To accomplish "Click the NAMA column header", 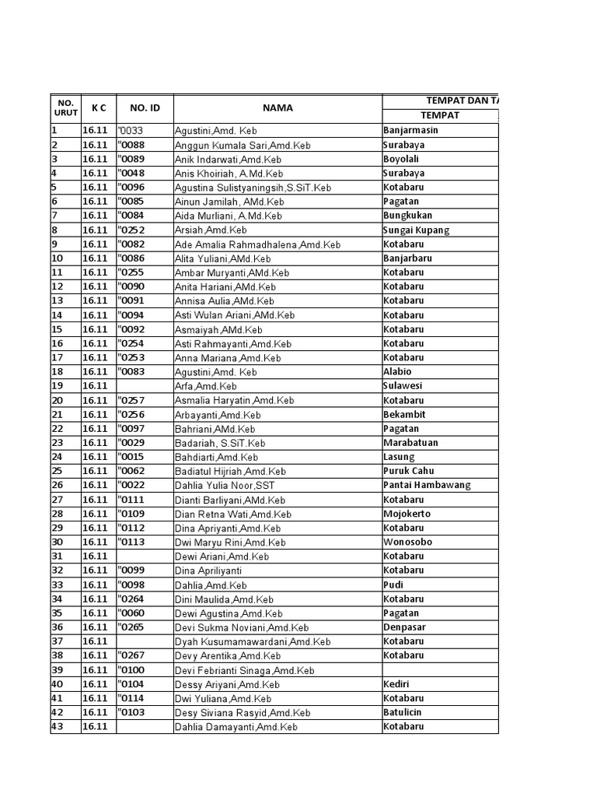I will pyautogui.click(x=277, y=108).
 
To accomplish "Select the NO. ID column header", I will pyautogui.click(x=144, y=108).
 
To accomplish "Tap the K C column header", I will pyautogui.click(x=98, y=108).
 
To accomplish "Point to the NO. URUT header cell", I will pyautogui.click(x=65, y=108).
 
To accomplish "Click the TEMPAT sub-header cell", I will pyautogui.click(x=440, y=115).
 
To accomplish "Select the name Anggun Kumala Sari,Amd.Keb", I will pyautogui.click(x=243, y=146).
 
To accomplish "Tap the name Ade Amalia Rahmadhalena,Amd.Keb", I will pyautogui.click(x=257, y=244).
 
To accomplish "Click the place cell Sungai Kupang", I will pyautogui.click(x=416, y=230).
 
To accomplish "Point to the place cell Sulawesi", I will pyautogui.click(x=403, y=386).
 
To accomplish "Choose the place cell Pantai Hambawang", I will pyautogui.click(x=427, y=485).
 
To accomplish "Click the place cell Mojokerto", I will pyautogui.click(x=407, y=514).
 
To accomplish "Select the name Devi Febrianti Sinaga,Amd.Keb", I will pyautogui.click(x=244, y=670).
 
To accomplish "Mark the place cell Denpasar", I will pyautogui.click(x=404, y=627).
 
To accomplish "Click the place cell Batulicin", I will pyautogui.click(x=403, y=712).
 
